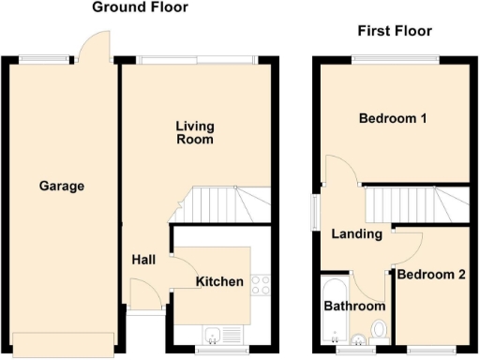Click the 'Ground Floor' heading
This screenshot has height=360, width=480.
141,7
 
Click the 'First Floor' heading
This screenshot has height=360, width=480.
395,31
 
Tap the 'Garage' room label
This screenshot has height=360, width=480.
62,186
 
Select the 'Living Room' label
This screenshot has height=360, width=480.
196,132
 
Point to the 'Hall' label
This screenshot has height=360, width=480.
143,260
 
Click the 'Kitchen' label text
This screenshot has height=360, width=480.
219,281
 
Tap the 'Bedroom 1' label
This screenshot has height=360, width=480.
393,119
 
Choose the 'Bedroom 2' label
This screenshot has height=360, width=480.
431,275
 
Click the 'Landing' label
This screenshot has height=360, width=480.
357,233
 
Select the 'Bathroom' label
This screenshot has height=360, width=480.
354,307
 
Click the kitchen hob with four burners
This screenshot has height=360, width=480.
261,286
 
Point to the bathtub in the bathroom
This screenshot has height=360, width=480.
331,309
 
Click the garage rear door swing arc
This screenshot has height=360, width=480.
95,45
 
